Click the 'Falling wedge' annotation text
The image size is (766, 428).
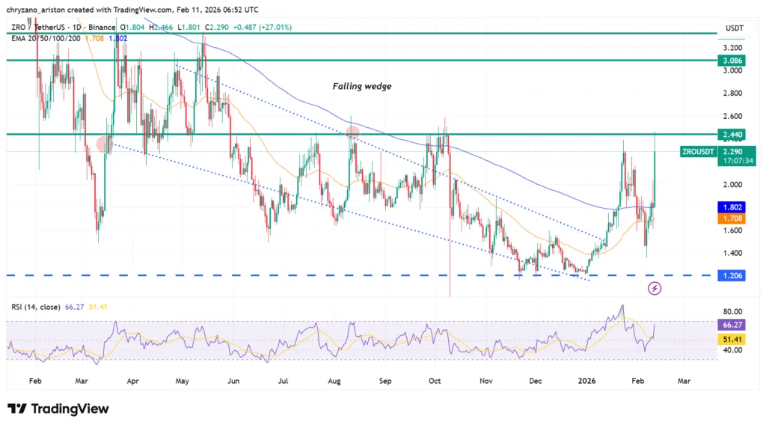point(362,87)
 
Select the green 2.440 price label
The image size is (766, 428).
point(730,135)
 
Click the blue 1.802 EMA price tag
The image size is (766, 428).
point(730,207)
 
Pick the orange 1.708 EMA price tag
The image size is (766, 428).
point(730,218)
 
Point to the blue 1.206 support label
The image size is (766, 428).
point(730,275)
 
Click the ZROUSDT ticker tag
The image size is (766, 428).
point(697,151)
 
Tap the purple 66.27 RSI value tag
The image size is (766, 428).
point(730,325)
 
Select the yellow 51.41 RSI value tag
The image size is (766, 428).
point(730,339)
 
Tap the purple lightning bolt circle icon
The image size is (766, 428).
point(655,288)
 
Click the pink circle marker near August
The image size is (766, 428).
point(351,132)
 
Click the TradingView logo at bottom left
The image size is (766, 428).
point(58,409)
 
